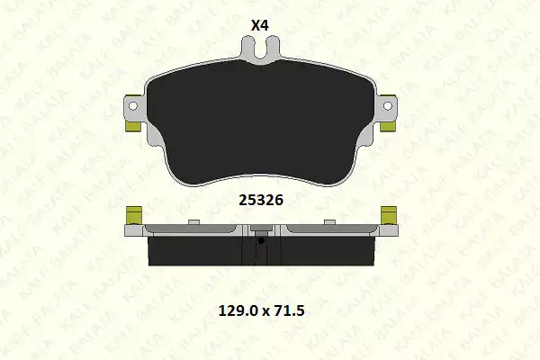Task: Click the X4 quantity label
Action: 260,25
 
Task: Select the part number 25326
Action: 261,200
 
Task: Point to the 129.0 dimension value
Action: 238,311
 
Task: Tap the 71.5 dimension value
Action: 289,311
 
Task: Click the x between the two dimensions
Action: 265,312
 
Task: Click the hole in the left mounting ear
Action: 132,106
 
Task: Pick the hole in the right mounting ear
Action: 387,106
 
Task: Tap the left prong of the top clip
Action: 247,47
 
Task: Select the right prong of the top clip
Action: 273,47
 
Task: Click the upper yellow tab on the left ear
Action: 133,96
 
